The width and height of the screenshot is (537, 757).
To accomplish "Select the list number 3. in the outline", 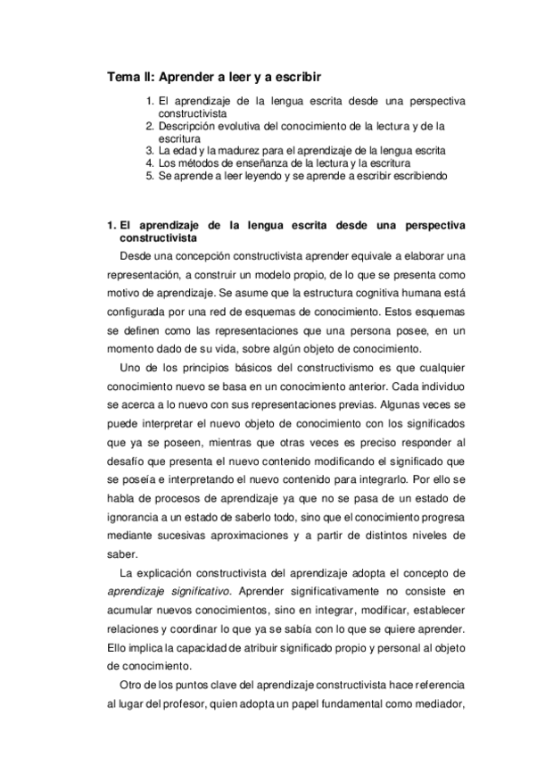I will [x=150, y=151].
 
